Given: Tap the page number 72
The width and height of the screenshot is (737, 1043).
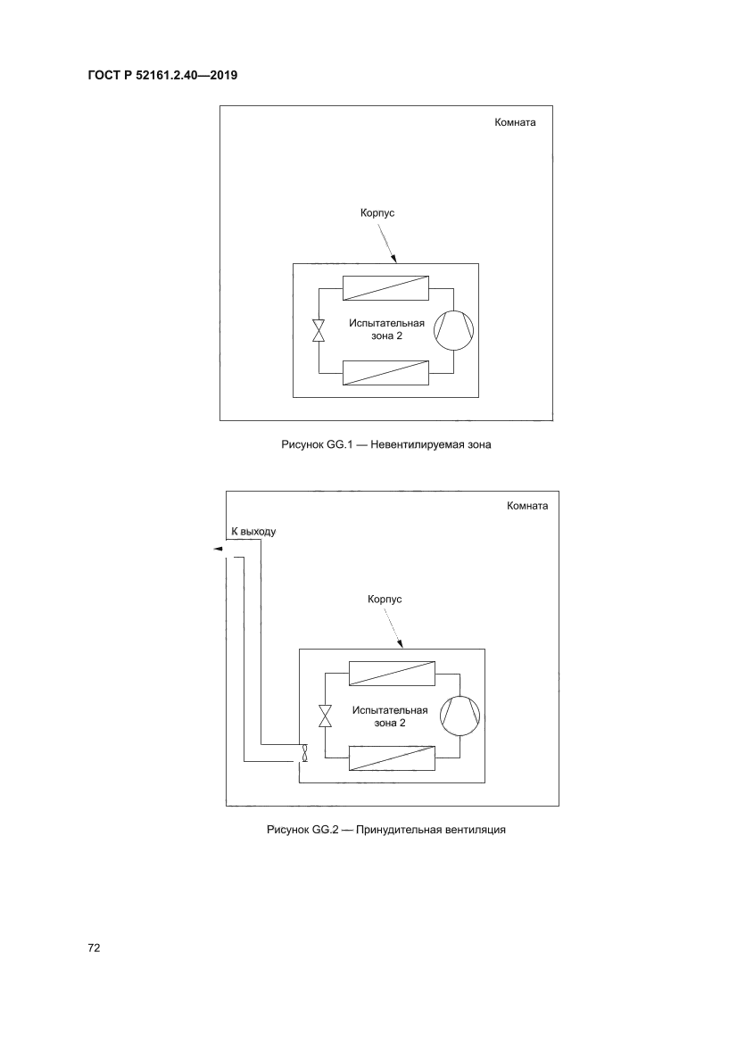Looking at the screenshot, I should pyautogui.click(x=94, y=948).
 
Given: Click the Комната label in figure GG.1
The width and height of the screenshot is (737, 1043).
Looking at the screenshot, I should pyautogui.click(x=515, y=123).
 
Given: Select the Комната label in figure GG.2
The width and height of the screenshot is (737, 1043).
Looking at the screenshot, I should pyautogui.click(x=527, y=505).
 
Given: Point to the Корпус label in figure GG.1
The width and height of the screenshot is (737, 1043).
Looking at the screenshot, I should pyautogui.click(x=377, y=214).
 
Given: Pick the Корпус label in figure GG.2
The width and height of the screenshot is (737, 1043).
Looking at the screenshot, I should pyautogui.click(x=385, y=599).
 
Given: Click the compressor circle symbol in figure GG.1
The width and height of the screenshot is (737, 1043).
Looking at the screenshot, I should pyautogui.click(x=453, y=329).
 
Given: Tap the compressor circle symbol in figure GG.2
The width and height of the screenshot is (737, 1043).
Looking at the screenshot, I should pyautogui.click(x=460, y=715).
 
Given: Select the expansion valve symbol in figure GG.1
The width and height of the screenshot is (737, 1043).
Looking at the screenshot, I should pyautogui.click(x=319, y=330).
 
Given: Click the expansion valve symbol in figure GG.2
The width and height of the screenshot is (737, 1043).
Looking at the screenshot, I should pyautogui.click(x=325, y=715).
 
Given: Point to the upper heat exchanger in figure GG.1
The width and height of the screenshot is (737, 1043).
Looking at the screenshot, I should pyautogui.click(x=386, y=288).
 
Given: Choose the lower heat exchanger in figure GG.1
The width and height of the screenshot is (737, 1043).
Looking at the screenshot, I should pyautogui.click(x=386, y=372).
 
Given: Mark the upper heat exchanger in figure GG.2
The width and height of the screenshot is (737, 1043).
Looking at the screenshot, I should pyautogui.click(x=392, y=673).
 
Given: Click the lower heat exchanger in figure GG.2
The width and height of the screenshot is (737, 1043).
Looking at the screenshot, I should pyautogui.click(x=392, y=757).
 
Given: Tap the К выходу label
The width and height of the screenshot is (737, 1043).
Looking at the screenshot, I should pyautogui.click(x=253, y=531).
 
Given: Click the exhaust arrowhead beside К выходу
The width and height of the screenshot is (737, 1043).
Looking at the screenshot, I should pyautogui.click(x=218, y=550).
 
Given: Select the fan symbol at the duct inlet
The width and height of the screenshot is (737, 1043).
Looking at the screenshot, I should pyautogui.click(x=303, y=753).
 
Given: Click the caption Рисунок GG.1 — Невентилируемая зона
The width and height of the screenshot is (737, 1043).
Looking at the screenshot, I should pyautogui.click(x=386, y=444).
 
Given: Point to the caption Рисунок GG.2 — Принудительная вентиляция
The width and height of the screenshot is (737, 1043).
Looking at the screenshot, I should pyautogui.click(x=386, y=830).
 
